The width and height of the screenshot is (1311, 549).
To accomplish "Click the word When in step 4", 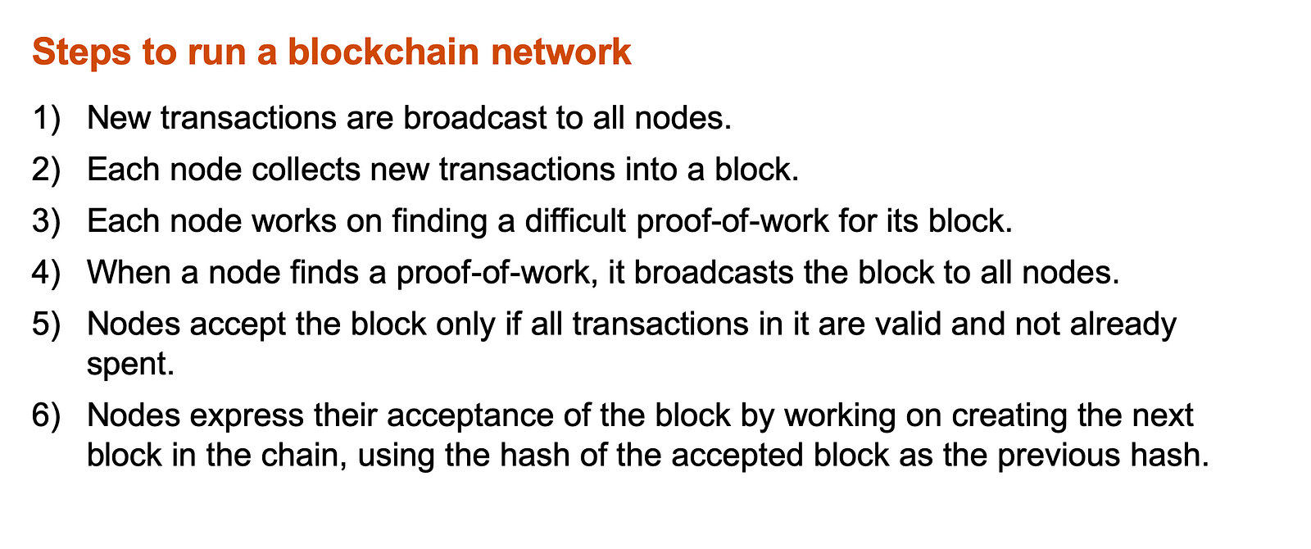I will [130, 273].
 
